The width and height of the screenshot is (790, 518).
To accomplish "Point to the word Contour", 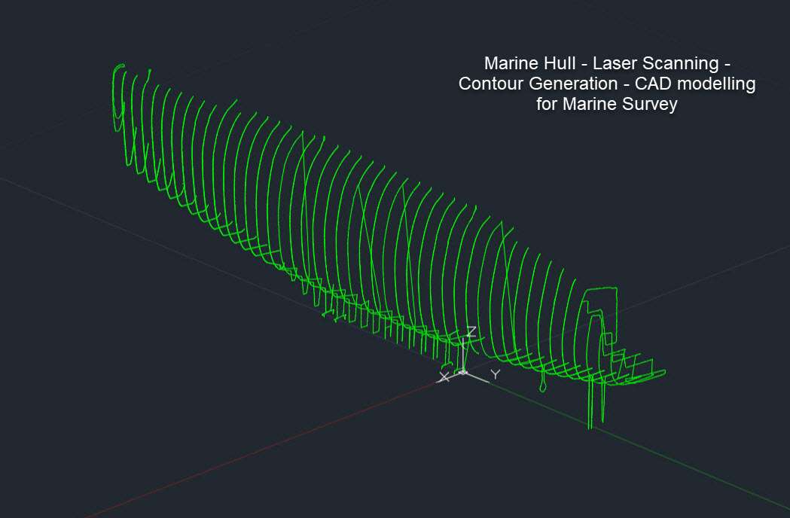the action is pyautogui.click(x=491, y=84).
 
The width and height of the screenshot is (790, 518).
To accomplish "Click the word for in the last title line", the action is pyautogui.click(x=547, y=104).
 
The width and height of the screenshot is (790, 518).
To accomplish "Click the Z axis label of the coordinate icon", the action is pyautogui.click(x=471, y=331).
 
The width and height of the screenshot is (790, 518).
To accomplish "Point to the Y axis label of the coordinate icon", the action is pyautogui.click(x=496, y=374).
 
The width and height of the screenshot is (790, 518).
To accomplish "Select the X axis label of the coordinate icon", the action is pyautogui.click(x=444, y=377).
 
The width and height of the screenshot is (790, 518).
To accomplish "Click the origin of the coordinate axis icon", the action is pyautogui.click(x=463, y=373).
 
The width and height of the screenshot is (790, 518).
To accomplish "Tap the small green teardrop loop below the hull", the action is pyautogui.click(x=543, y=385).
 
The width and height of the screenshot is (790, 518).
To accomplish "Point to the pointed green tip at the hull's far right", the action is pyautogui.click(x=665, y=373).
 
